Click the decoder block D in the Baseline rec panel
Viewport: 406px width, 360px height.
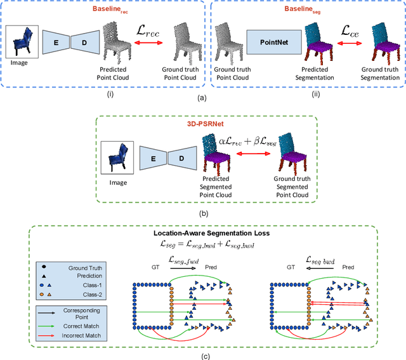[84, 42]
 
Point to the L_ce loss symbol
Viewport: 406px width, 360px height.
[348, 29]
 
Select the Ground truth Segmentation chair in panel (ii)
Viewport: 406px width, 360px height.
[379, 44]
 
